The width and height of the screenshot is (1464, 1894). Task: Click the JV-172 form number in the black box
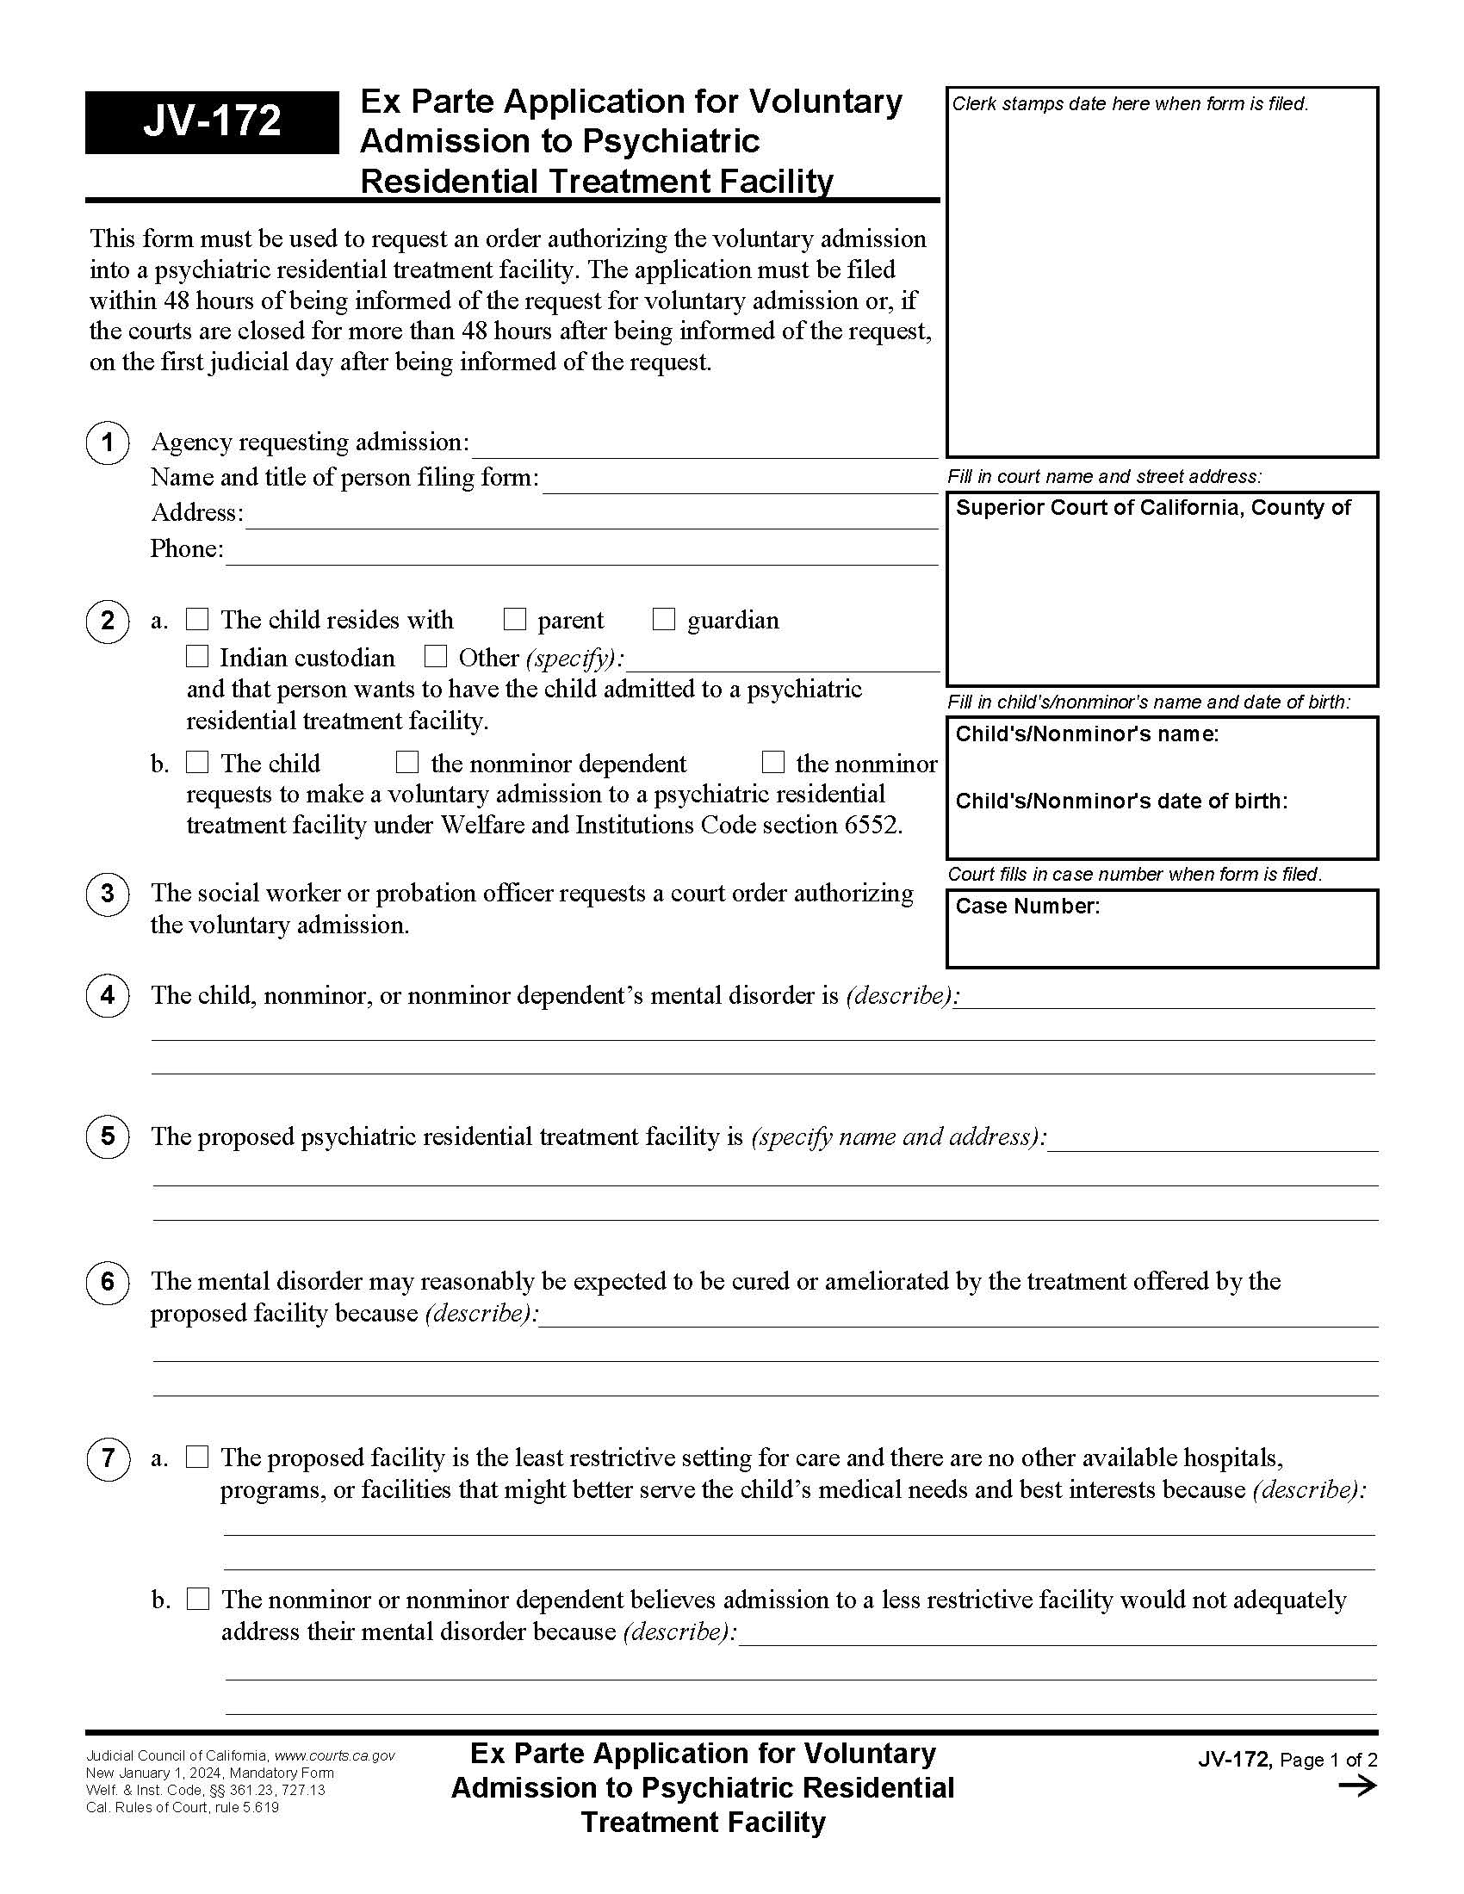click(212, 121)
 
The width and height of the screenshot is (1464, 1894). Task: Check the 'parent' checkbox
click(515, 619)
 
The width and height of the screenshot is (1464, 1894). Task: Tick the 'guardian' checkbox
click(663, 619)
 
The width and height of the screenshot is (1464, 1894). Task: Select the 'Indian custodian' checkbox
click(198, 657)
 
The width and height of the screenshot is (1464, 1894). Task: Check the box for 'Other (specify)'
click(436, 657)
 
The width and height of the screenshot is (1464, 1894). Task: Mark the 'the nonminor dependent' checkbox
click(406, 762)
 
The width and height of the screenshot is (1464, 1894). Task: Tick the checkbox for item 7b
click(199, 1600)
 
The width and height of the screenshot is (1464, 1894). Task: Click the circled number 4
click(108, 994)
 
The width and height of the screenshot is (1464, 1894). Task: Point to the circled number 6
click(108, 1282)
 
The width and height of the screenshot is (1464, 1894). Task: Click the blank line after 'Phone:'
click(581, 555)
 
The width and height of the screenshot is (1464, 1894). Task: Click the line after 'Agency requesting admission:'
click(704, 448)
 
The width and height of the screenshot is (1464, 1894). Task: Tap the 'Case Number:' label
click(1027, 907)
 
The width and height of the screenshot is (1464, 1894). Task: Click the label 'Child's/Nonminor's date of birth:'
click(1120, 802)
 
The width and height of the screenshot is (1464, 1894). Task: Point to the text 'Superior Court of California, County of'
click(1152, 508)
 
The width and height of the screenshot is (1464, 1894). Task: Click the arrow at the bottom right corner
click(1357, 1786)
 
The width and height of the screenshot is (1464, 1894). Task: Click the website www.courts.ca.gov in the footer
click(335, 1755)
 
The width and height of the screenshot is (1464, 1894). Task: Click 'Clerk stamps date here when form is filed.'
click(1129, 104)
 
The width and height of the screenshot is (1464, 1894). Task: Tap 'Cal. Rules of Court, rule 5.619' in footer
click(182, 1807)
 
